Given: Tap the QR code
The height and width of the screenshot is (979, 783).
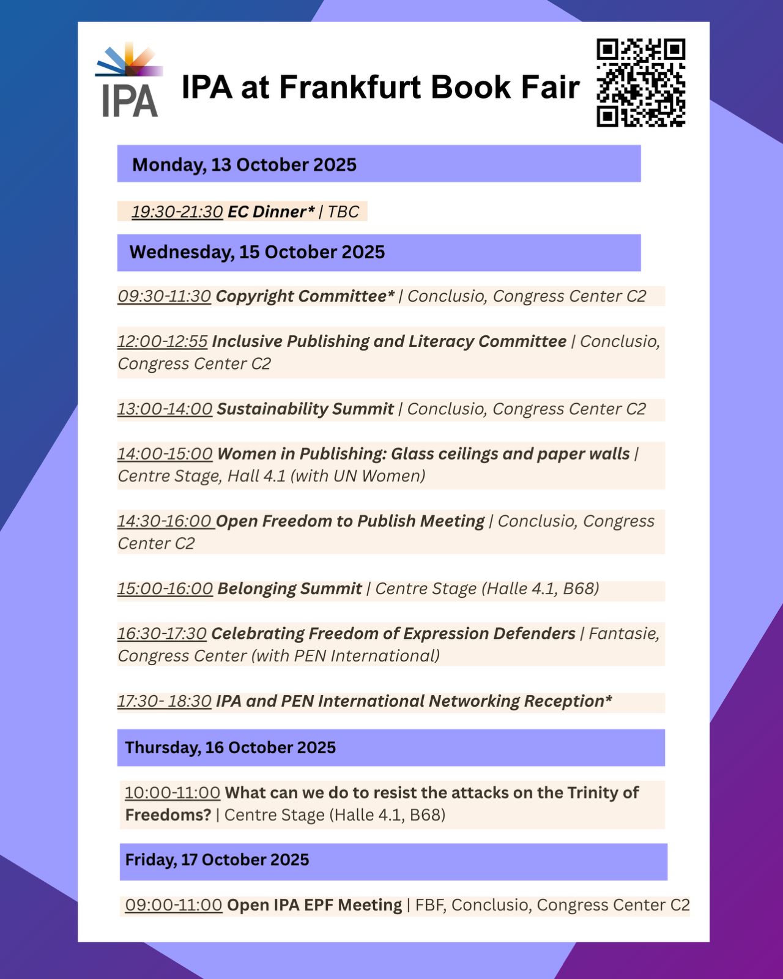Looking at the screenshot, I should [x=640, y=83].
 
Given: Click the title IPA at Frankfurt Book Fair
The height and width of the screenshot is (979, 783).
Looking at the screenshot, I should [x=380, y=87].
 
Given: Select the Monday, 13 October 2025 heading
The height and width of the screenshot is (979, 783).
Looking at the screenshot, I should [x=244, y=165].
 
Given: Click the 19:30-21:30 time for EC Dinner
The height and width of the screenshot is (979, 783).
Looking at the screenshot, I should [x=177, y=212].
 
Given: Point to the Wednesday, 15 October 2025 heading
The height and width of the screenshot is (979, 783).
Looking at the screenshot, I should [x=257, y=252].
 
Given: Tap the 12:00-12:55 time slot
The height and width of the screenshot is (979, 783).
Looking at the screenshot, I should [x=162, y=341].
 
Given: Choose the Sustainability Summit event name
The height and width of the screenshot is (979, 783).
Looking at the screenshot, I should [x=305, y=409].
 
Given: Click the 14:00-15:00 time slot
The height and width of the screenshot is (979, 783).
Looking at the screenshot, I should [x=165, y=454].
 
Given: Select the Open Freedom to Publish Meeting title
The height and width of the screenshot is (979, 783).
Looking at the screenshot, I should [x=350, y=521].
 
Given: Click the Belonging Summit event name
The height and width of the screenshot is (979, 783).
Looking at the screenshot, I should [x=289, y=589].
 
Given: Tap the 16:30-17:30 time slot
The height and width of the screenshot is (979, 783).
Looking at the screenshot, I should [x=161, y=634].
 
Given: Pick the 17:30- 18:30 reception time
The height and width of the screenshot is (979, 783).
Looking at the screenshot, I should [x=164, y=701].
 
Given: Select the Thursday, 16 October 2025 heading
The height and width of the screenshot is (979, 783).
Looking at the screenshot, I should [x=230, y=748].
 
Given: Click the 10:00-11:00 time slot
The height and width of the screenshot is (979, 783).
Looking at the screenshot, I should [x=172, y=793].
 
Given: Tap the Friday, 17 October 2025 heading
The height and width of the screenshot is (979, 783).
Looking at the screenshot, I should [x=217, y=860].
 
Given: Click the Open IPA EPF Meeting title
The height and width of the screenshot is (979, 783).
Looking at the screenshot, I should [x=314, y=906].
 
